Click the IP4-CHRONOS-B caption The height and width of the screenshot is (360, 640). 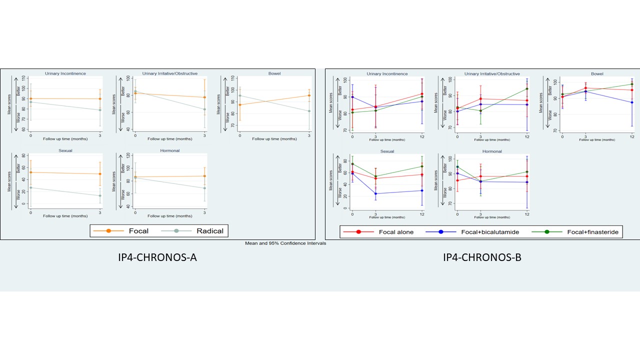(x=482, y=258)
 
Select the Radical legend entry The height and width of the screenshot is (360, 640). (x=202, y=231)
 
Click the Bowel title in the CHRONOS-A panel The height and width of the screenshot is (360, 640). (x=274, y=73)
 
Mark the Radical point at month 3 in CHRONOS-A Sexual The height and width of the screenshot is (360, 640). (x=100, y=195)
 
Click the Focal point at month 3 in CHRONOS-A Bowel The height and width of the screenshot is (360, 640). (x=309, y=95)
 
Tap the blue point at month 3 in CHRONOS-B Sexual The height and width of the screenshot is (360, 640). (x=375, y=193)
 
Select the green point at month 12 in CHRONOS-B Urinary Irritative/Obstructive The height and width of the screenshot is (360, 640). (x=527, y=89)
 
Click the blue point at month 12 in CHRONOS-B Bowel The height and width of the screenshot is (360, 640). (x=632, y=102)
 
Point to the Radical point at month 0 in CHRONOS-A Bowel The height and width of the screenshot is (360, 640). (x=239, y=95)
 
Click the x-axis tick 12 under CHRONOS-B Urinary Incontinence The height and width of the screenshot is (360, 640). (x=422, y=137)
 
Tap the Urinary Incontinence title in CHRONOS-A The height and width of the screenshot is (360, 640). (x=65, y=73)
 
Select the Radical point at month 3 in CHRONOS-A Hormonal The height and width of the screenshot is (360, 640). (x=204, y=188)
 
